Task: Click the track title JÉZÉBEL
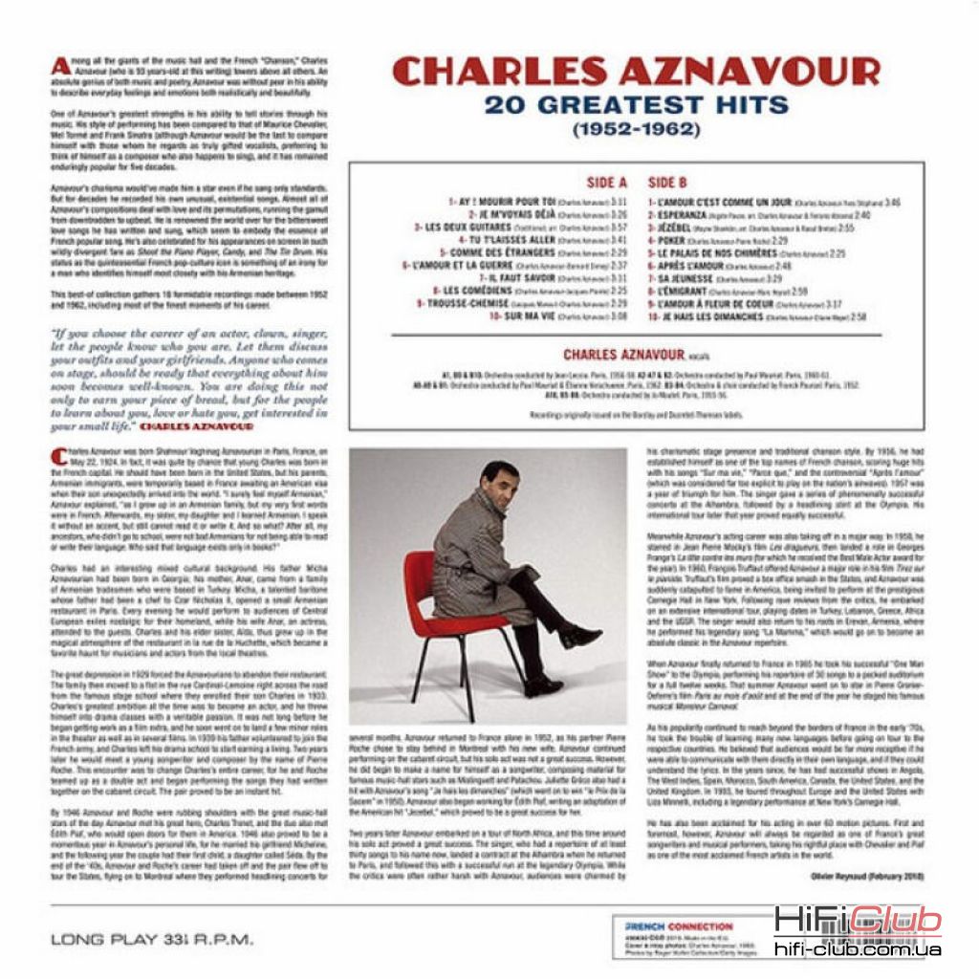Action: [680, 229]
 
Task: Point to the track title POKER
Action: [674, 242]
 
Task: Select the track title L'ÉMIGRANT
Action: [683, 290]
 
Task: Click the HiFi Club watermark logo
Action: [857, 921]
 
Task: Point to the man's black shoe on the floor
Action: [541, 686]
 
